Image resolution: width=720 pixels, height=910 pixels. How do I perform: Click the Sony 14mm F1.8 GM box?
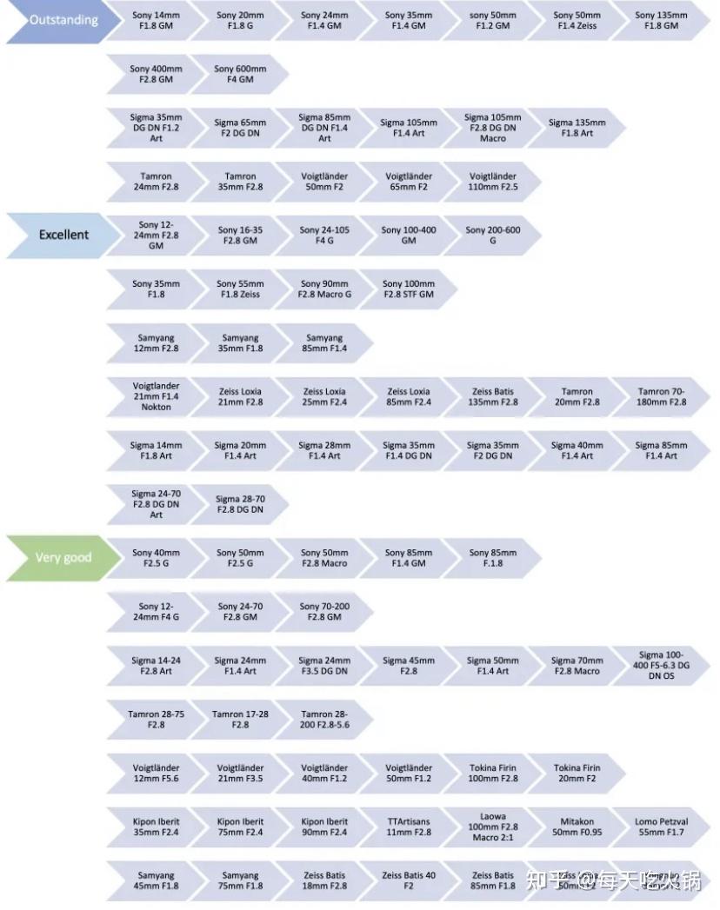(x=156, y=21)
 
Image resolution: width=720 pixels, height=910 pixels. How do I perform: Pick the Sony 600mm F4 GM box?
(x=240, y=74)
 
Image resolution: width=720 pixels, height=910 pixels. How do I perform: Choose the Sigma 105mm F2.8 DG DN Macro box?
(x=493, y=128)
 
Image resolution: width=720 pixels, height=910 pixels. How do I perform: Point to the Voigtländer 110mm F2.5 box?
(x=493, y=182)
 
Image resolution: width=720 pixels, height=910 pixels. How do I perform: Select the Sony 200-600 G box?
(x=493, y=235)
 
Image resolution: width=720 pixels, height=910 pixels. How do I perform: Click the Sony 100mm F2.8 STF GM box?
(x=409, y=289)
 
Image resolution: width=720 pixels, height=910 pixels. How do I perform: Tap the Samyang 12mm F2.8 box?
(x=156, y=343)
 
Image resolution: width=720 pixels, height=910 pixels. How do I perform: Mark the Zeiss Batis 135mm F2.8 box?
(x=493, y=396)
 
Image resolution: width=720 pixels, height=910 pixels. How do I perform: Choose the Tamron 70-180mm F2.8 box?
(x=662, y=396)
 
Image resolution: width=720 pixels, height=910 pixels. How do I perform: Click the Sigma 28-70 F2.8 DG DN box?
(x=240, y=504)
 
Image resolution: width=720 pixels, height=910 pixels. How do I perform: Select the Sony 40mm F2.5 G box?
(x=156, y=558)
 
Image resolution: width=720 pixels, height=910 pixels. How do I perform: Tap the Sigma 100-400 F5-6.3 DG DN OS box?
(x=662, y=666)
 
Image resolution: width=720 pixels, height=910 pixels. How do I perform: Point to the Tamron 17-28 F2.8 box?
(x=240, y=720)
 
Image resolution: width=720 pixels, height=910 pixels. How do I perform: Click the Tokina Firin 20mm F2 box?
(x=577, y=774)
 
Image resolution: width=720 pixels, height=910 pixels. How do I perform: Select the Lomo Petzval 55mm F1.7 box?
(x=662, y=827)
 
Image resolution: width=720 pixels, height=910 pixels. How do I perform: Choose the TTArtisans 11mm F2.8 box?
(x=409, y=827)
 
